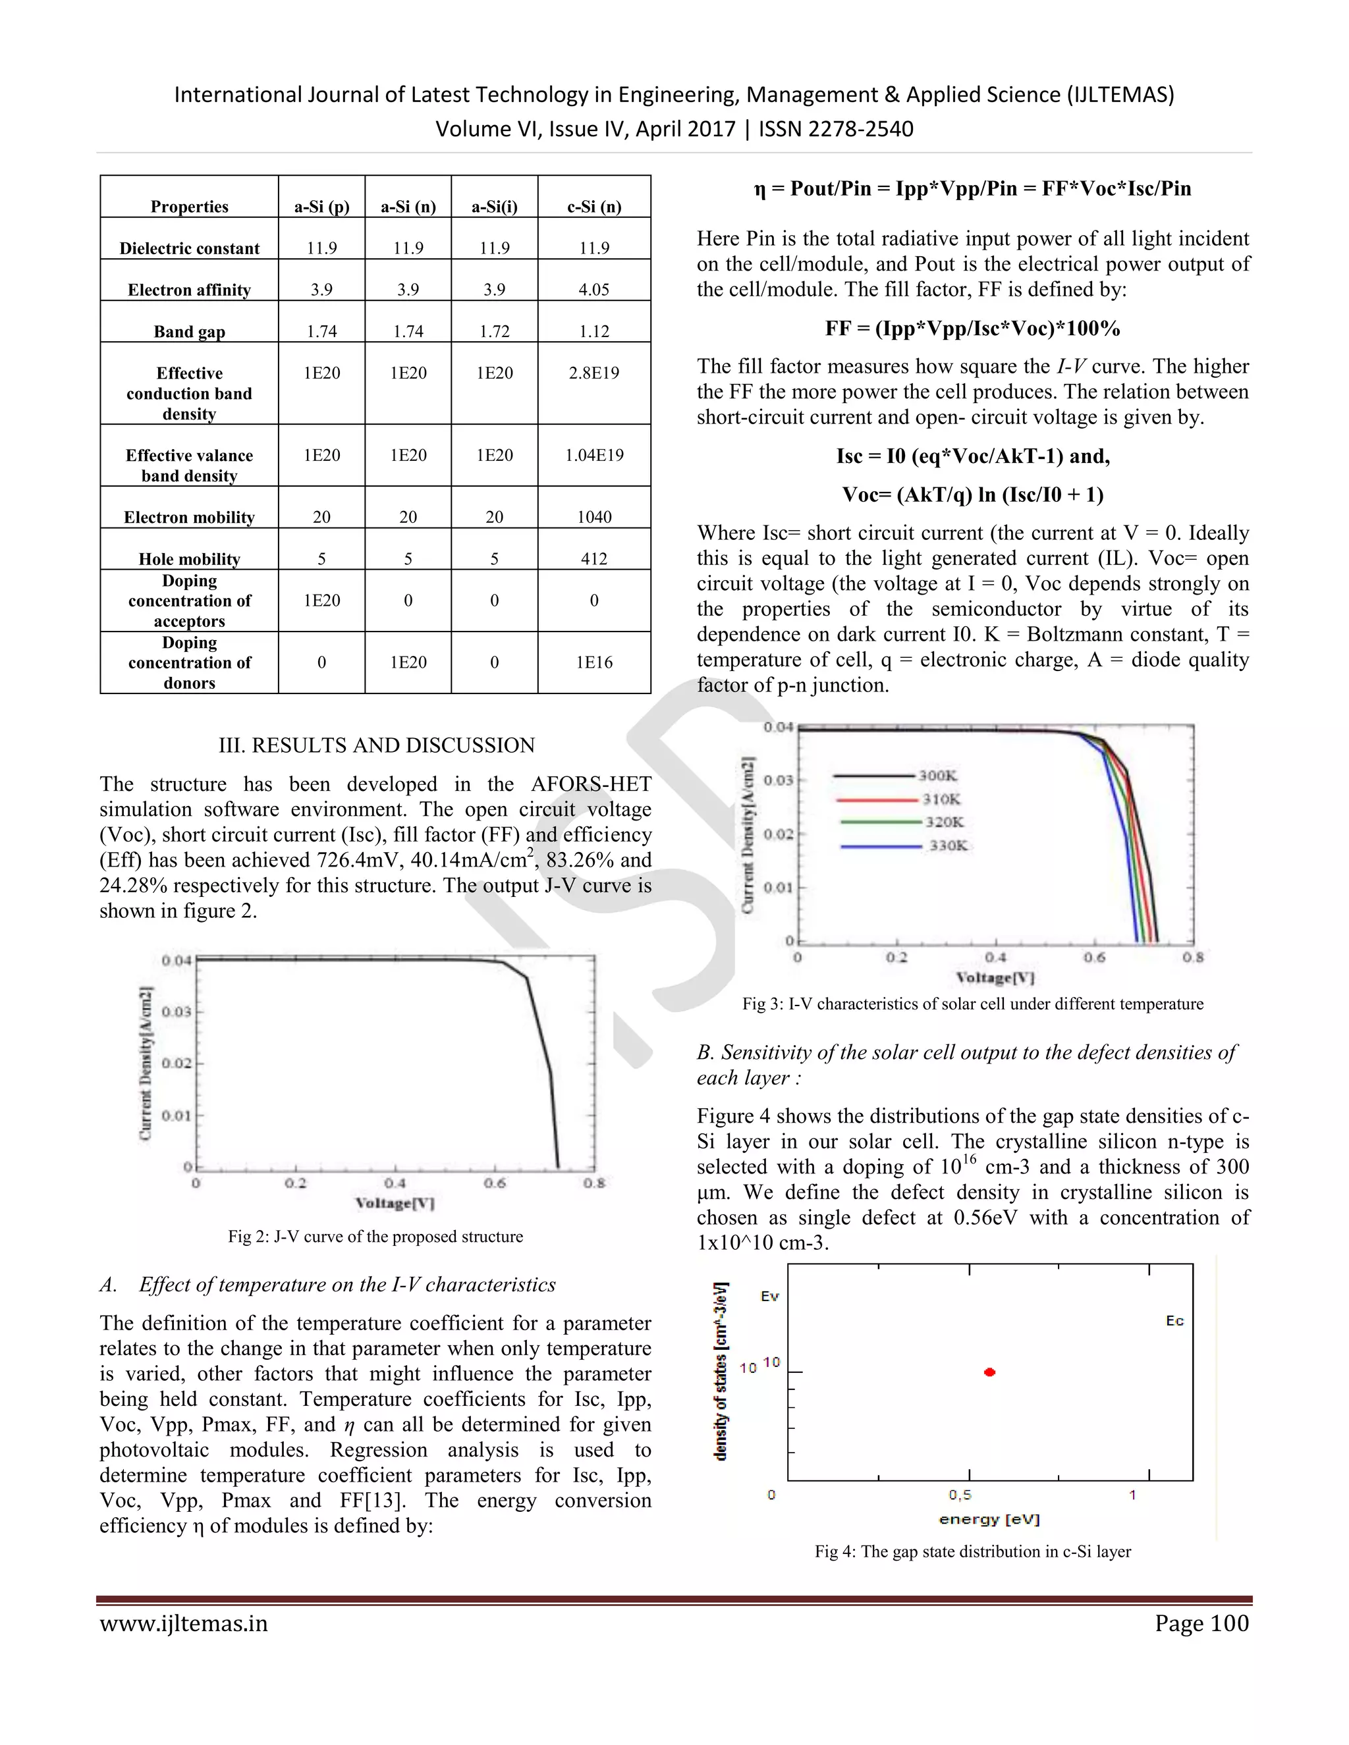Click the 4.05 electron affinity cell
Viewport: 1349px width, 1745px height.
(x=593, y=289)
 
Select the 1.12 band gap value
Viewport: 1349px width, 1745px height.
(x=593, y=331)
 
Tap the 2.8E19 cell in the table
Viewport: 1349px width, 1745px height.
(x=593, y=372)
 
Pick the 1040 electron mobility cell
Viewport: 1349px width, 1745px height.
(x=593, y=517)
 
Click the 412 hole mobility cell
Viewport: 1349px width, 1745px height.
(x=593, y=558)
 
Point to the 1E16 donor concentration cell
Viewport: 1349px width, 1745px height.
(x=593, y=662)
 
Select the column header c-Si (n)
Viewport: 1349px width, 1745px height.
(x=593, y=206)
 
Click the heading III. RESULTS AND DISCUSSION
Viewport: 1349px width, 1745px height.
(x=376, y=745)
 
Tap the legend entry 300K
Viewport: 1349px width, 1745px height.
(x=937, y=775)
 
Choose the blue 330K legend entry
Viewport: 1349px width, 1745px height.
(x=947, y=846)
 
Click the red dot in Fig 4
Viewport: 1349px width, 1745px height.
(x=989, y=1372)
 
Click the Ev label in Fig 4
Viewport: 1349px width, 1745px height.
(x=769, y=1296)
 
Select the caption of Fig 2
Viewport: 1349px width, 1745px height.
(x=375, y=1236)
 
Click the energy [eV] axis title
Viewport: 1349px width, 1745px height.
(x=989, y=1519)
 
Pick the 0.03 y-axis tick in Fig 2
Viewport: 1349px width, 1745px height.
(x=176, y=1011)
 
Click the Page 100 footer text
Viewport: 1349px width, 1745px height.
(x=1201, y=1623)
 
